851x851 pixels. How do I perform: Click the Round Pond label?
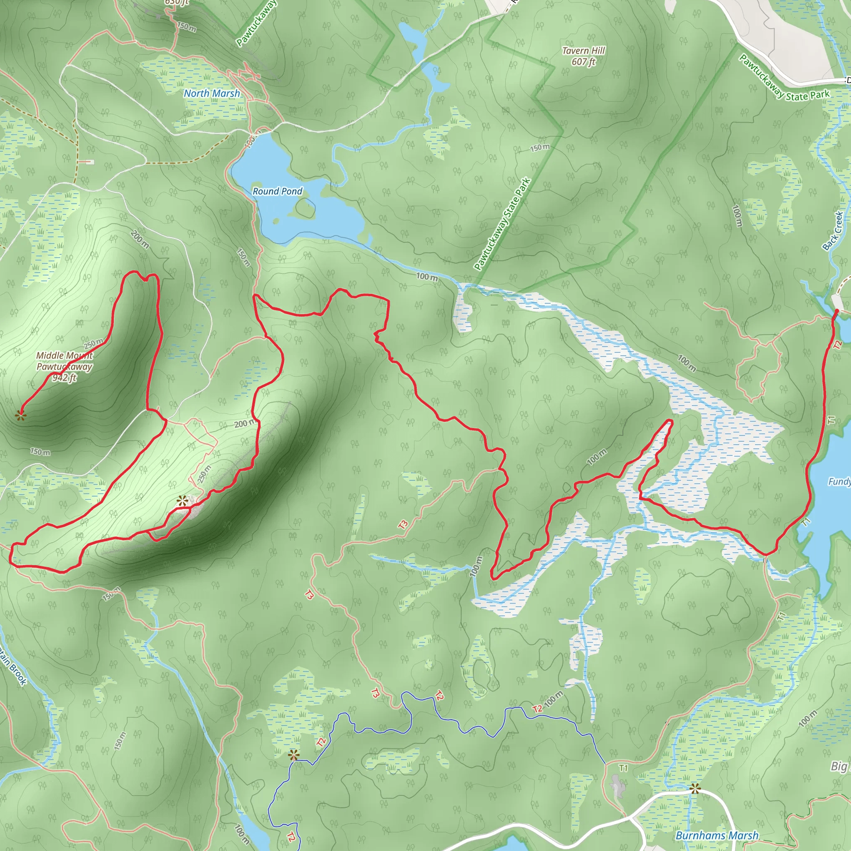277,191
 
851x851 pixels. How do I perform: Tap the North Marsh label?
212,93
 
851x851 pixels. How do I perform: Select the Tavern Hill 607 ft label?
584,56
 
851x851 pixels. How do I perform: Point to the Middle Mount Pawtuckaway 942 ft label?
64,366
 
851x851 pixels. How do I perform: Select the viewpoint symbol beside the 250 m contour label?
182,501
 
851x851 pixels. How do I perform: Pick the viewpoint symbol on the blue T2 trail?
293,755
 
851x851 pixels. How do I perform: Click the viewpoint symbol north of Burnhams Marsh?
695,788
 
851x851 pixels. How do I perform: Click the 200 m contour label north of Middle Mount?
140,239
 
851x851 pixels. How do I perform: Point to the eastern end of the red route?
836,312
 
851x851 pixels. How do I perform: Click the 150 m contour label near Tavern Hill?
540,148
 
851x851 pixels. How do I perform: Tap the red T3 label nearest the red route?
403,525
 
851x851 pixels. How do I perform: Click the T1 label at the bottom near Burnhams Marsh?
623,768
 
